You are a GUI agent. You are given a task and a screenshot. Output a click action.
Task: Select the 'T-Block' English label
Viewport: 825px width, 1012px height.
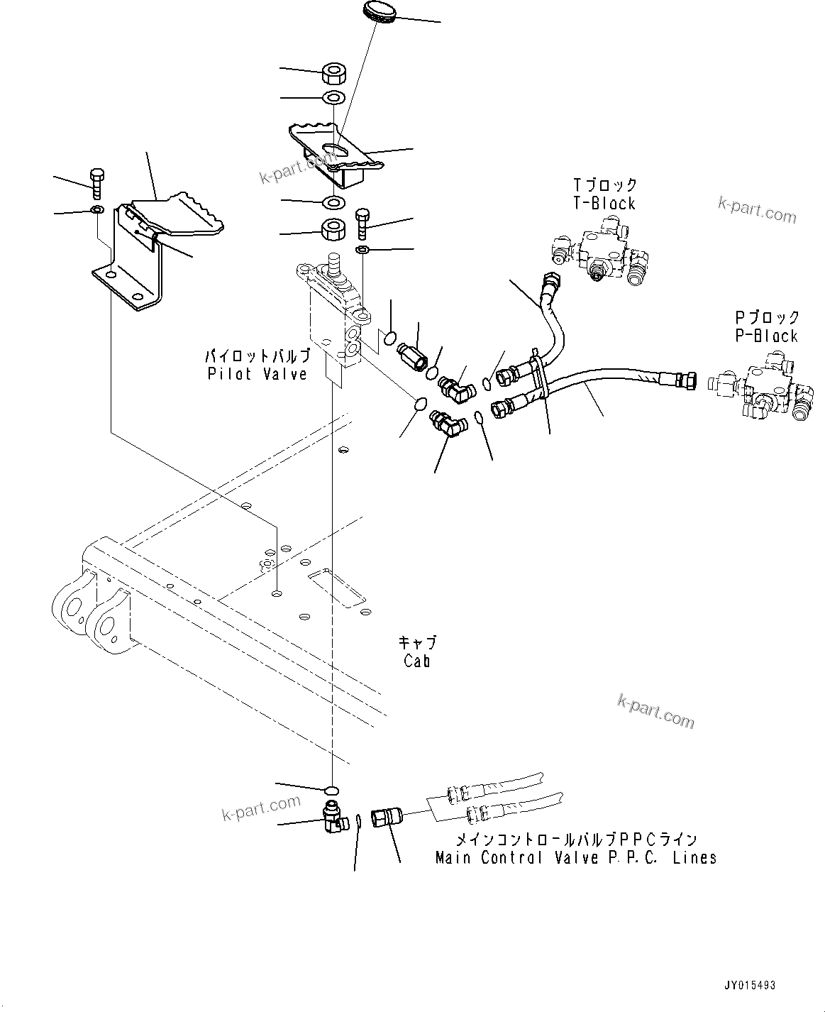[604, 204]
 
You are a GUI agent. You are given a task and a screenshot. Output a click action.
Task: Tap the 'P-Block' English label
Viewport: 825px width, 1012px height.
[766, 336]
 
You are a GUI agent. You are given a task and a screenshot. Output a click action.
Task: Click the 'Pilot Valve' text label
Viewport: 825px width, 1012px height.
[258, 374]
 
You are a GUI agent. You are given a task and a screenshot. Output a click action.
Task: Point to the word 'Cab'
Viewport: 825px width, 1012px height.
[417, 661]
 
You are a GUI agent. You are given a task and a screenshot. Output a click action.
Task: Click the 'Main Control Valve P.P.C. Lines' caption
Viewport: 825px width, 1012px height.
[575, 857]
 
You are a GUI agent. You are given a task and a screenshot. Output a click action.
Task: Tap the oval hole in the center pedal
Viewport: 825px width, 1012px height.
[333, 148]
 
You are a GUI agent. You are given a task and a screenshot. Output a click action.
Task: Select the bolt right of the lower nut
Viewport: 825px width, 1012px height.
[362, 223]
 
